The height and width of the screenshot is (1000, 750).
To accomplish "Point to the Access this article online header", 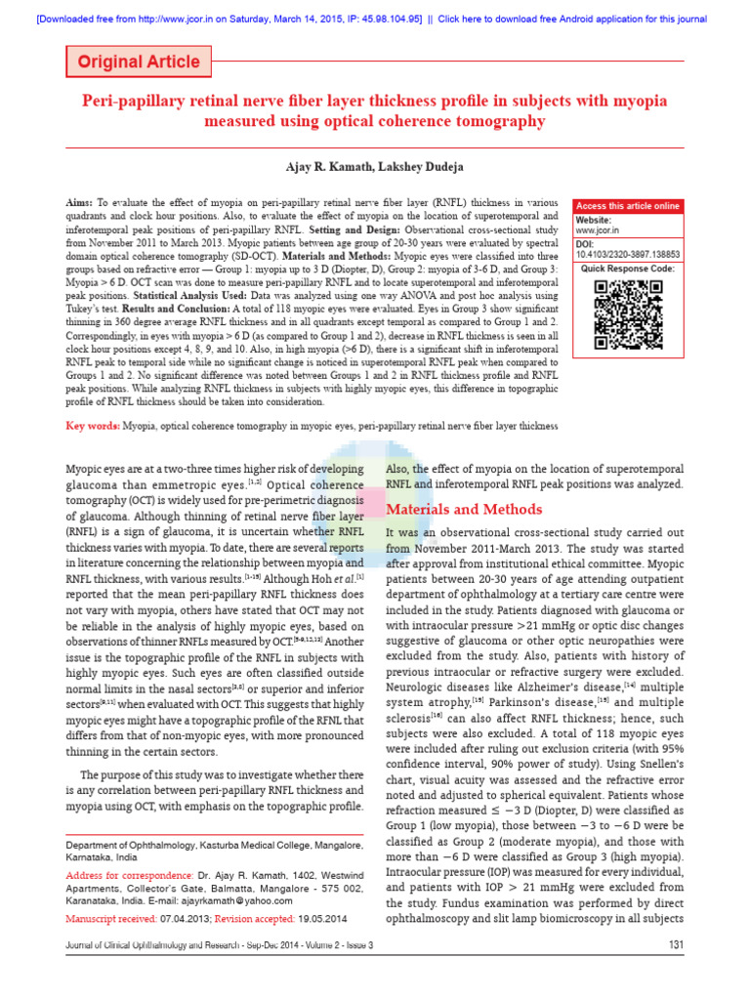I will click(627, 206).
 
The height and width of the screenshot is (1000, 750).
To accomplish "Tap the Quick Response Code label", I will click(627, 268).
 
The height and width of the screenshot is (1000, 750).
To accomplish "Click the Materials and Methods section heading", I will click(464, 509).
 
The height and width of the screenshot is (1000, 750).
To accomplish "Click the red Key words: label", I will click(92, 426).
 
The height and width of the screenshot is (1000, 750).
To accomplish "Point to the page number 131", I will click(675, 945).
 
